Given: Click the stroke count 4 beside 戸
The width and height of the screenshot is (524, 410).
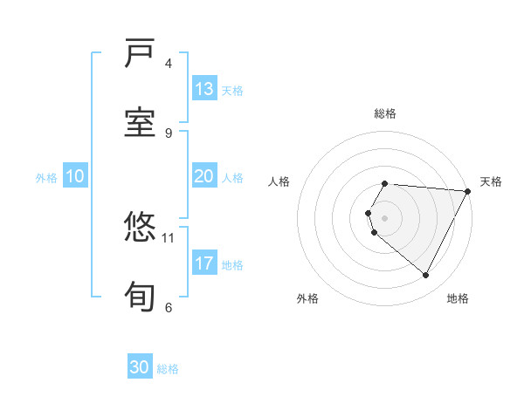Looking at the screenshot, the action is click(169, 64).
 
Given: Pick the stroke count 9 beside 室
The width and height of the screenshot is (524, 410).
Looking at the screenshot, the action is click(169, 133).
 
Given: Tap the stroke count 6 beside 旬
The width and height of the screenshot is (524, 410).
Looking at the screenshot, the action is click(169, 307).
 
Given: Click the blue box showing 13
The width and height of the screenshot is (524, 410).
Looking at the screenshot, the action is click(204, 89).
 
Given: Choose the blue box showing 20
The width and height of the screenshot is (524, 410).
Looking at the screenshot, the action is click(204, 177).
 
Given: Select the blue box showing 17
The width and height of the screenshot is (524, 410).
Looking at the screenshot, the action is click(204, 263).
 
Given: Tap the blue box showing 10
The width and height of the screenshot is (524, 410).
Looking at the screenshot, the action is click(75, 177).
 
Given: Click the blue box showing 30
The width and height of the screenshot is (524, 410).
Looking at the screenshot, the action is click(140, 368).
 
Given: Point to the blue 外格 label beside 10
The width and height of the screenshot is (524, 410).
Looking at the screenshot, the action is click(46, 178).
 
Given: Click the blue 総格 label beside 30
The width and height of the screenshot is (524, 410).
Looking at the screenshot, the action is click(168, 369).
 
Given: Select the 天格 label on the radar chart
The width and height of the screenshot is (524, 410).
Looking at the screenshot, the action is click(491, 181).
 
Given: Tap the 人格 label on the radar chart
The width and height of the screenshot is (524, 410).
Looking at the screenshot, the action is click(279, 181).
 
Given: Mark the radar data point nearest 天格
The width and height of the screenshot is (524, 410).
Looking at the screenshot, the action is click(468, 191).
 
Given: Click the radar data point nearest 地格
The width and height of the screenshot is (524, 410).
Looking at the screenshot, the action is click(426, 276).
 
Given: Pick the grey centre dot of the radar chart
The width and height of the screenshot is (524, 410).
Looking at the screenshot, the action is click(385, 218).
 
